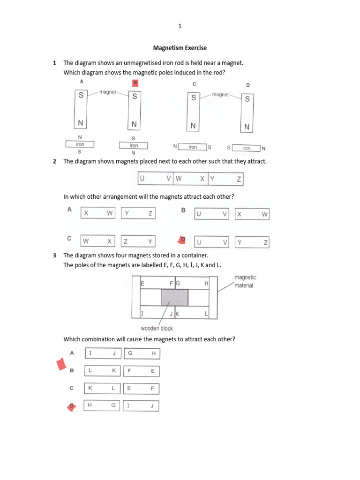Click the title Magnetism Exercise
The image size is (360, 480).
click(x=180, y=48)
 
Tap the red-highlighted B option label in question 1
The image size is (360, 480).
click(x=135, y=83)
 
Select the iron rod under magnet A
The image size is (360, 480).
click(x=80, y=144)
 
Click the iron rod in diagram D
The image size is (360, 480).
click(x=247, y=148)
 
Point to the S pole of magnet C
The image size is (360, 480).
click(x=193, y=98)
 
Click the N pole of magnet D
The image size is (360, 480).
click(x=247, y=127)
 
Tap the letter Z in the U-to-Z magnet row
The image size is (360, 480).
click(x=239, y=179)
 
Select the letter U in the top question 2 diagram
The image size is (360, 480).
click(x=142, y=179)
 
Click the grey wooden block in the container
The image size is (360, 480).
click(x=175, y=297)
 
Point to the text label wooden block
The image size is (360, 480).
click(x=157, y=329)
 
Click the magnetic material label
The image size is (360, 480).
click(x=245, y=281)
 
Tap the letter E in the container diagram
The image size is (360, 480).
click(x=142, y=284)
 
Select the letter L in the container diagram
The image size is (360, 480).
click(x=206, y=313)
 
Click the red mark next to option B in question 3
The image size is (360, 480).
click(x=60, y=364)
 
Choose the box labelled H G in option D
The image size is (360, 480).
click(x=102, y=406)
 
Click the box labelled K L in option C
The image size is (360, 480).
click(x=102, y=389)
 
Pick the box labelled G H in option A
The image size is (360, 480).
click(x=142, y=353)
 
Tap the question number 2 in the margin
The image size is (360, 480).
click(x=55, y=161)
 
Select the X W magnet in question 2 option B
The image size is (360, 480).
click(x=252, y=214)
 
